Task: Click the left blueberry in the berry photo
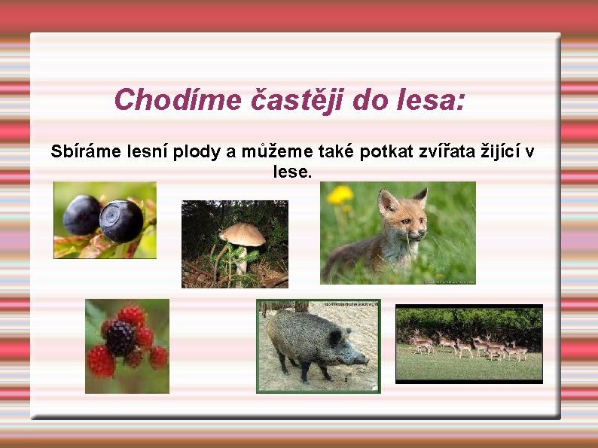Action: pos(81,215)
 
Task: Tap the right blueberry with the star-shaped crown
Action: pos(121,220)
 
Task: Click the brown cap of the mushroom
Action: pos(242,234)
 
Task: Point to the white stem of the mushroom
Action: pos(241,260)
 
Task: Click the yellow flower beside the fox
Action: pos(340,195)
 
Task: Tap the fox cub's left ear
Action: pos(386,202)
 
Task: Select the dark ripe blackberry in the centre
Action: pos(120,338)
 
